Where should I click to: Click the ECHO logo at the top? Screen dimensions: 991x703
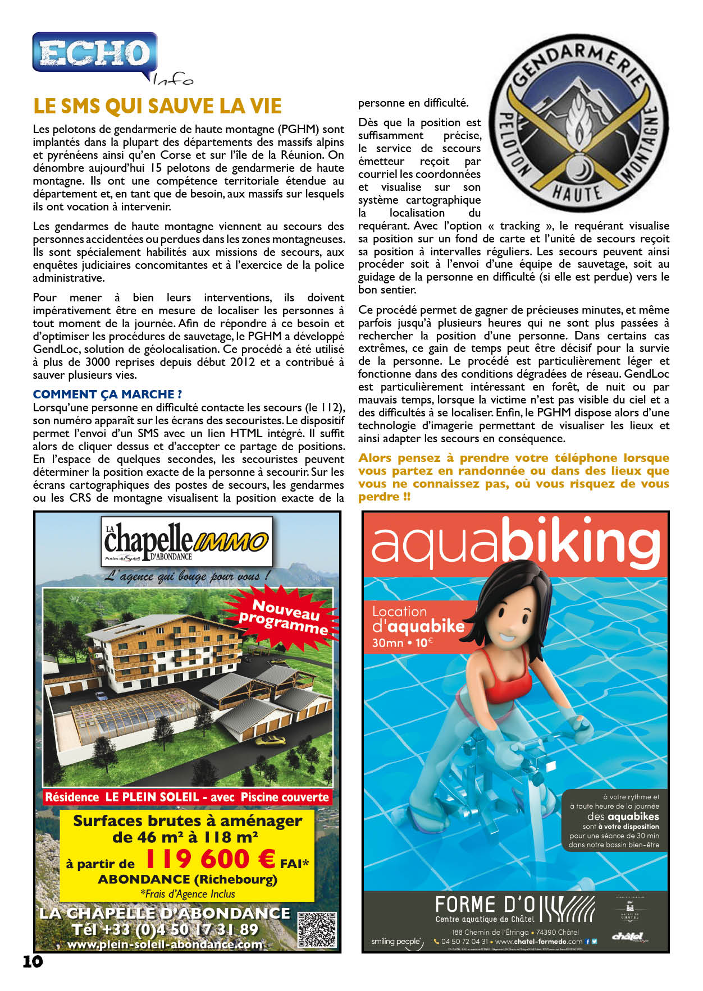click(x=94, y=54)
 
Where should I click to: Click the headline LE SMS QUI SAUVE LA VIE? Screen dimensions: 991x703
click(x=157, y=106)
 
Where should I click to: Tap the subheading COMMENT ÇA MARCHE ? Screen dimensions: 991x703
click(x=107, y=394)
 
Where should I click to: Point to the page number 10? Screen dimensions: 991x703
click(x=33, y=961)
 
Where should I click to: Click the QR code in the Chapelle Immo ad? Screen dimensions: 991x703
click(x=317, y=930)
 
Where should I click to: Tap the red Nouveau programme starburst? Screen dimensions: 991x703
click(x=284, y=617)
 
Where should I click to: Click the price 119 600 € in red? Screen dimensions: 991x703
click(x=210, y=859)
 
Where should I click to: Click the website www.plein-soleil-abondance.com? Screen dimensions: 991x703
click(x=165, y=944)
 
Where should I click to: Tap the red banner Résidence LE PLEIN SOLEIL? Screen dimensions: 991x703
click(x=186, y=797)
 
